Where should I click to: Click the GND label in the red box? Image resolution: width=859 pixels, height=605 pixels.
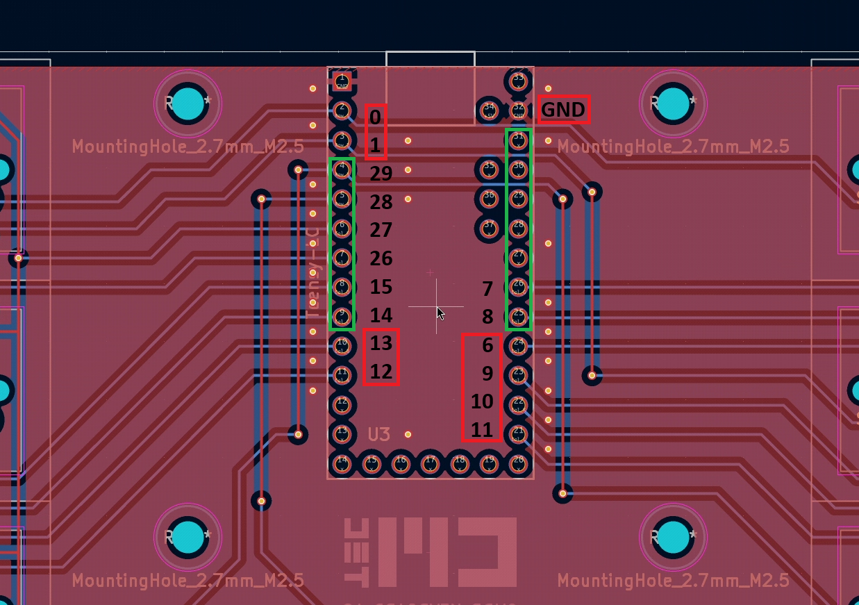click(x=563, y=110)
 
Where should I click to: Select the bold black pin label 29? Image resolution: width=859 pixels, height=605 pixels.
click(x=381, y=173)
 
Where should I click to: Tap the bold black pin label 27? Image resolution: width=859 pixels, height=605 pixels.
click(x=381, y=230)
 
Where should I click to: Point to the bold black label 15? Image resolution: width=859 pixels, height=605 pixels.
click(x=381, y=287)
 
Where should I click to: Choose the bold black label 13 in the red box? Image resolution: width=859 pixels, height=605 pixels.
click(x=381, y=343)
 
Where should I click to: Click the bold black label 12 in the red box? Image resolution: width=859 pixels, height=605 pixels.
click(x=381, y=372)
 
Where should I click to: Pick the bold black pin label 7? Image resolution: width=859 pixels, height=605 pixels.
click(x=487, y=288)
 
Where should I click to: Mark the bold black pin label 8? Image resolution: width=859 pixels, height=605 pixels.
click(x=487, y=317)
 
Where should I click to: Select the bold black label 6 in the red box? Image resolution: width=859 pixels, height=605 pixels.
click(x=487, y=345)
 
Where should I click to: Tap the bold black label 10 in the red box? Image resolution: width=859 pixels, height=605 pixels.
click(x=482, y=401)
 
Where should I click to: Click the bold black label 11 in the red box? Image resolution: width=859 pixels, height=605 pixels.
click(x=482, y=430)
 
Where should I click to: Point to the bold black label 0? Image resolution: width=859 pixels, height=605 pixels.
click(x=375, y=117)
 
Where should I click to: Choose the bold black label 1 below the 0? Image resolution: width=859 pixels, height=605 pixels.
click(x=375, y=146)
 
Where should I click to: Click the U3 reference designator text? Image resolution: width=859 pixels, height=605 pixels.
click(x=379, y=435)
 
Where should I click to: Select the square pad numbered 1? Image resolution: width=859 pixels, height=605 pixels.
click(x=342, y=82)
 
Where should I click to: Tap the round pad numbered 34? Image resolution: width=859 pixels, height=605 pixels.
click(x=490, y=109)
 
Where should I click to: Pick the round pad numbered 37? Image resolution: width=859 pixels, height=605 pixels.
click(x=490, y=226)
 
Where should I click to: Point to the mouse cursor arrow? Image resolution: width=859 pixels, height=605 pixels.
click(x=440, y=313)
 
